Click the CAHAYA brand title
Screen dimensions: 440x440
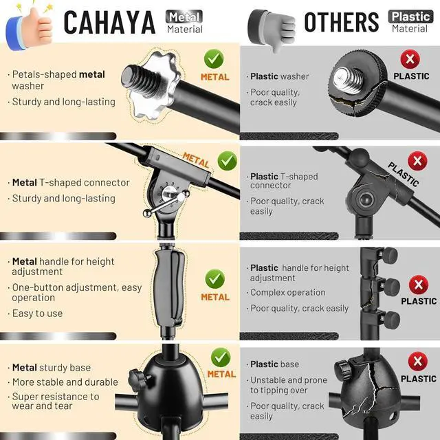[x=109, y=22]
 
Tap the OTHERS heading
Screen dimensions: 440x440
[x=342, y=22]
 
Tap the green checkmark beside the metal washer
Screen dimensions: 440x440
[x=214, y=59]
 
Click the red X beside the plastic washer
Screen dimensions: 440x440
[x=410, y=59]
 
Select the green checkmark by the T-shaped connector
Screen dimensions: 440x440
[x=228, y=161]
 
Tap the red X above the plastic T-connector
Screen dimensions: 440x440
[x=417, y=161]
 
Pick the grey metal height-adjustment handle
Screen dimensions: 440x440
[x=169, y=289]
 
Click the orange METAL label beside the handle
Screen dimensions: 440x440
[x=215, y=297]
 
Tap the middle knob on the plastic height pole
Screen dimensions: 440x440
[x=391, y=287]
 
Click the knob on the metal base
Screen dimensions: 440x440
[x=137, y=379]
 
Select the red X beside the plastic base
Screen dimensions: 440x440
[x=418, y=362]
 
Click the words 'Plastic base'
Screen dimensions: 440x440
[x=275, y=364]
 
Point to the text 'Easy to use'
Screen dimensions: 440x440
[x=38, y=313]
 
